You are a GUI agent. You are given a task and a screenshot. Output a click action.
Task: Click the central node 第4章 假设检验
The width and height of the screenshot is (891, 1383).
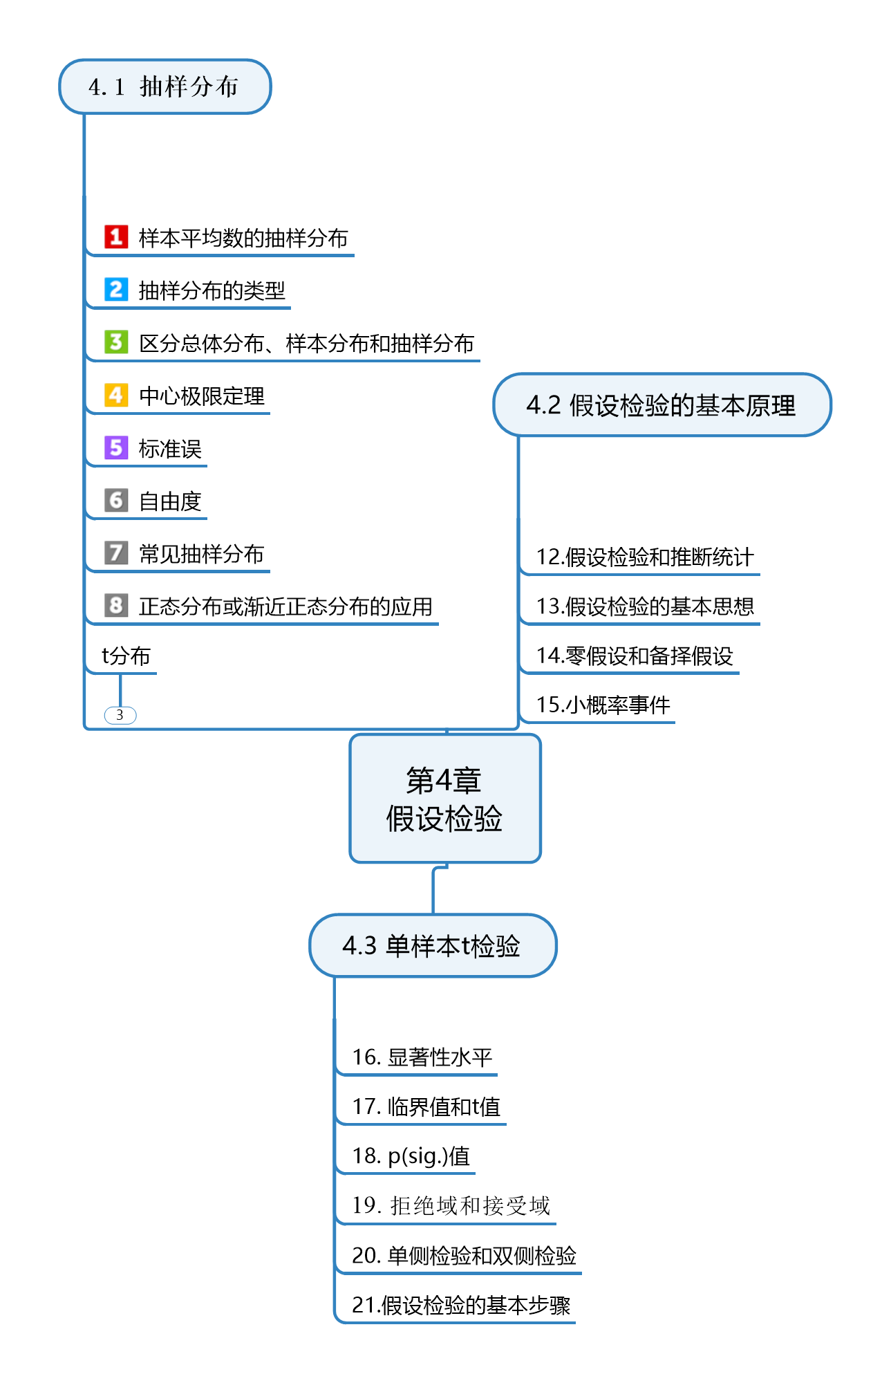444,799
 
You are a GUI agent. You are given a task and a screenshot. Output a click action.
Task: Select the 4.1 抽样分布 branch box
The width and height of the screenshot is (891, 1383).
165,86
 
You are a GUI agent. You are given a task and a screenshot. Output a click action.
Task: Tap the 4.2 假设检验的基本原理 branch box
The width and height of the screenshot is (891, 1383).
662,405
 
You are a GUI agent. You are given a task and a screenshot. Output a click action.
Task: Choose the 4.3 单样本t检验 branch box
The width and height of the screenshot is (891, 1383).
432,945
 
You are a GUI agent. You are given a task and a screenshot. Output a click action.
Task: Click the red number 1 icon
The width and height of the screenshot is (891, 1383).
116,236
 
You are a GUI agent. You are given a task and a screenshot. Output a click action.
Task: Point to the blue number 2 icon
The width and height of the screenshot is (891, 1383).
116,289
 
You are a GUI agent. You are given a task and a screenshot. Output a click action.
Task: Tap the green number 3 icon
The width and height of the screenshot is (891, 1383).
116,342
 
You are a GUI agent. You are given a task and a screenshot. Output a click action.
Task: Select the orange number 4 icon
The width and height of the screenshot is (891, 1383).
116,395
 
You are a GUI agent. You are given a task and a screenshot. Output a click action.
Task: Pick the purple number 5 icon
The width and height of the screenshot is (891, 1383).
116,447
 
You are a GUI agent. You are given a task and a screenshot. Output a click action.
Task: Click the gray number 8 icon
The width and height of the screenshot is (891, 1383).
116,605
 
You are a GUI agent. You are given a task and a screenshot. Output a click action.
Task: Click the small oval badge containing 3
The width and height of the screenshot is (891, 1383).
120,715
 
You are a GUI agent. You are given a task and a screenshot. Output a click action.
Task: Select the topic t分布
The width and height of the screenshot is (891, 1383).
126,656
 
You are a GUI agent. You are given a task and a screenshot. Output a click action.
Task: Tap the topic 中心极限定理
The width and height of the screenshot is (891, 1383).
202,396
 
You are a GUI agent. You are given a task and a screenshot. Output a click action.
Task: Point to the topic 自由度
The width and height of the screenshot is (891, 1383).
170,501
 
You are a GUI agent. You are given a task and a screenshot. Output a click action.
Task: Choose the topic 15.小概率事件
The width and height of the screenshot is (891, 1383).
603,705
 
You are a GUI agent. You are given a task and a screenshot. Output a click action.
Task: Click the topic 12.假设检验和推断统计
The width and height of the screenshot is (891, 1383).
644,557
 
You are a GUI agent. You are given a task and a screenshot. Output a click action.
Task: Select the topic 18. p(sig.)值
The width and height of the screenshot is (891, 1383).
411,1155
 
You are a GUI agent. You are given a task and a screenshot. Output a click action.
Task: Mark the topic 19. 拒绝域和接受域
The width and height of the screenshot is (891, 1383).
451,1205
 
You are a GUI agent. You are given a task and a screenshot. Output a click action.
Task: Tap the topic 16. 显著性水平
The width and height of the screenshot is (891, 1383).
422,1057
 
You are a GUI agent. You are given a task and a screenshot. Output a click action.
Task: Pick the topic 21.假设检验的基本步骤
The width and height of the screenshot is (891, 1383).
461,1305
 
